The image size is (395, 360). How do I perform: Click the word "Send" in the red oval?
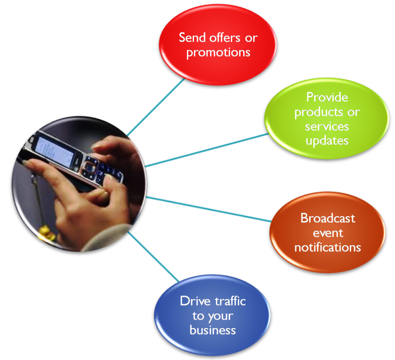tap(192, 38)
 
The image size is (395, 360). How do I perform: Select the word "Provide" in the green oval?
tap(327, 97)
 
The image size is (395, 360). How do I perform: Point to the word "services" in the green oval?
tap(327, 126)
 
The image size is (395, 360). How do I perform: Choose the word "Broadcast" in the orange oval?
tap(328, 218)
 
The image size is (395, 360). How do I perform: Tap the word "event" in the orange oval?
tap(328, 233)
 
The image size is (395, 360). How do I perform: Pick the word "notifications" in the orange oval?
tap(327, 247)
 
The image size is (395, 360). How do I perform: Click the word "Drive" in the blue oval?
tap(195, 301)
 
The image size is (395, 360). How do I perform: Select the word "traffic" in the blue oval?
tap(230, 301)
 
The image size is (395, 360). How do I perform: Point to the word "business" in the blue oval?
tap(212, 330)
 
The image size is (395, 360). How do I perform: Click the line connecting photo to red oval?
tap(156, 107)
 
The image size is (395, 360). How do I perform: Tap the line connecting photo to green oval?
tap(207, 150)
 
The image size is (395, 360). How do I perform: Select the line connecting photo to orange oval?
tap(208, 209)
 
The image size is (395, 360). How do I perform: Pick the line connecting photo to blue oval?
tap(153, 256)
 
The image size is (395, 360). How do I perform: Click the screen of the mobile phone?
tap(55, 151)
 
